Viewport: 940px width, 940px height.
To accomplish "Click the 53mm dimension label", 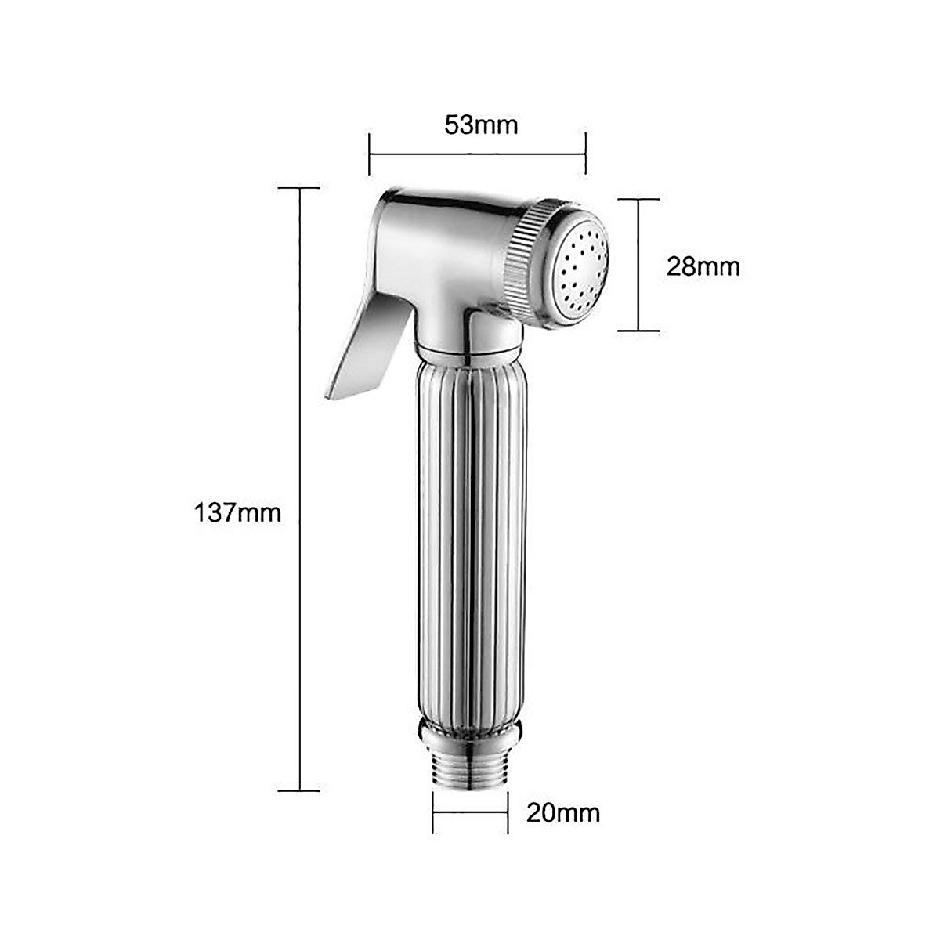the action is click(480, 125).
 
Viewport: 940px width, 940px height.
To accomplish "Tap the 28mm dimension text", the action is click(703, 267).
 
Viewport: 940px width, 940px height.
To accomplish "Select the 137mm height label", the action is click(237, 513).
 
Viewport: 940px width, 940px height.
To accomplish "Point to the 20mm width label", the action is click(563, 813).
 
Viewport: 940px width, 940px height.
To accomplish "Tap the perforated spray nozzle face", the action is click(584, 276).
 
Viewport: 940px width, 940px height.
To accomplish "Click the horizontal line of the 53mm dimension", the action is click(477, 154).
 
